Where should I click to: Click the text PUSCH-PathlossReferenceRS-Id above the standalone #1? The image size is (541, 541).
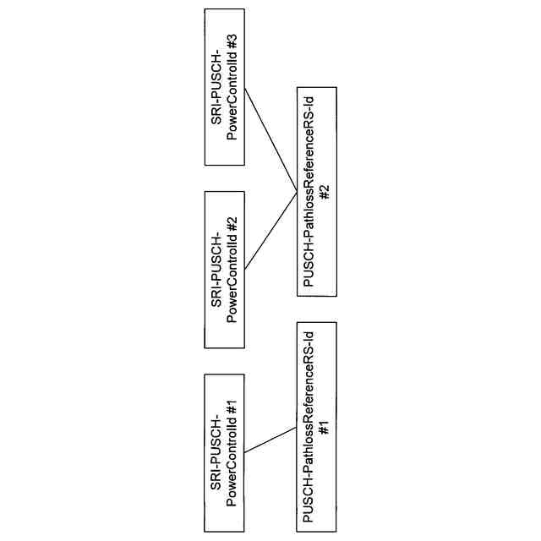pyautogui.click(x=309, y=428)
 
